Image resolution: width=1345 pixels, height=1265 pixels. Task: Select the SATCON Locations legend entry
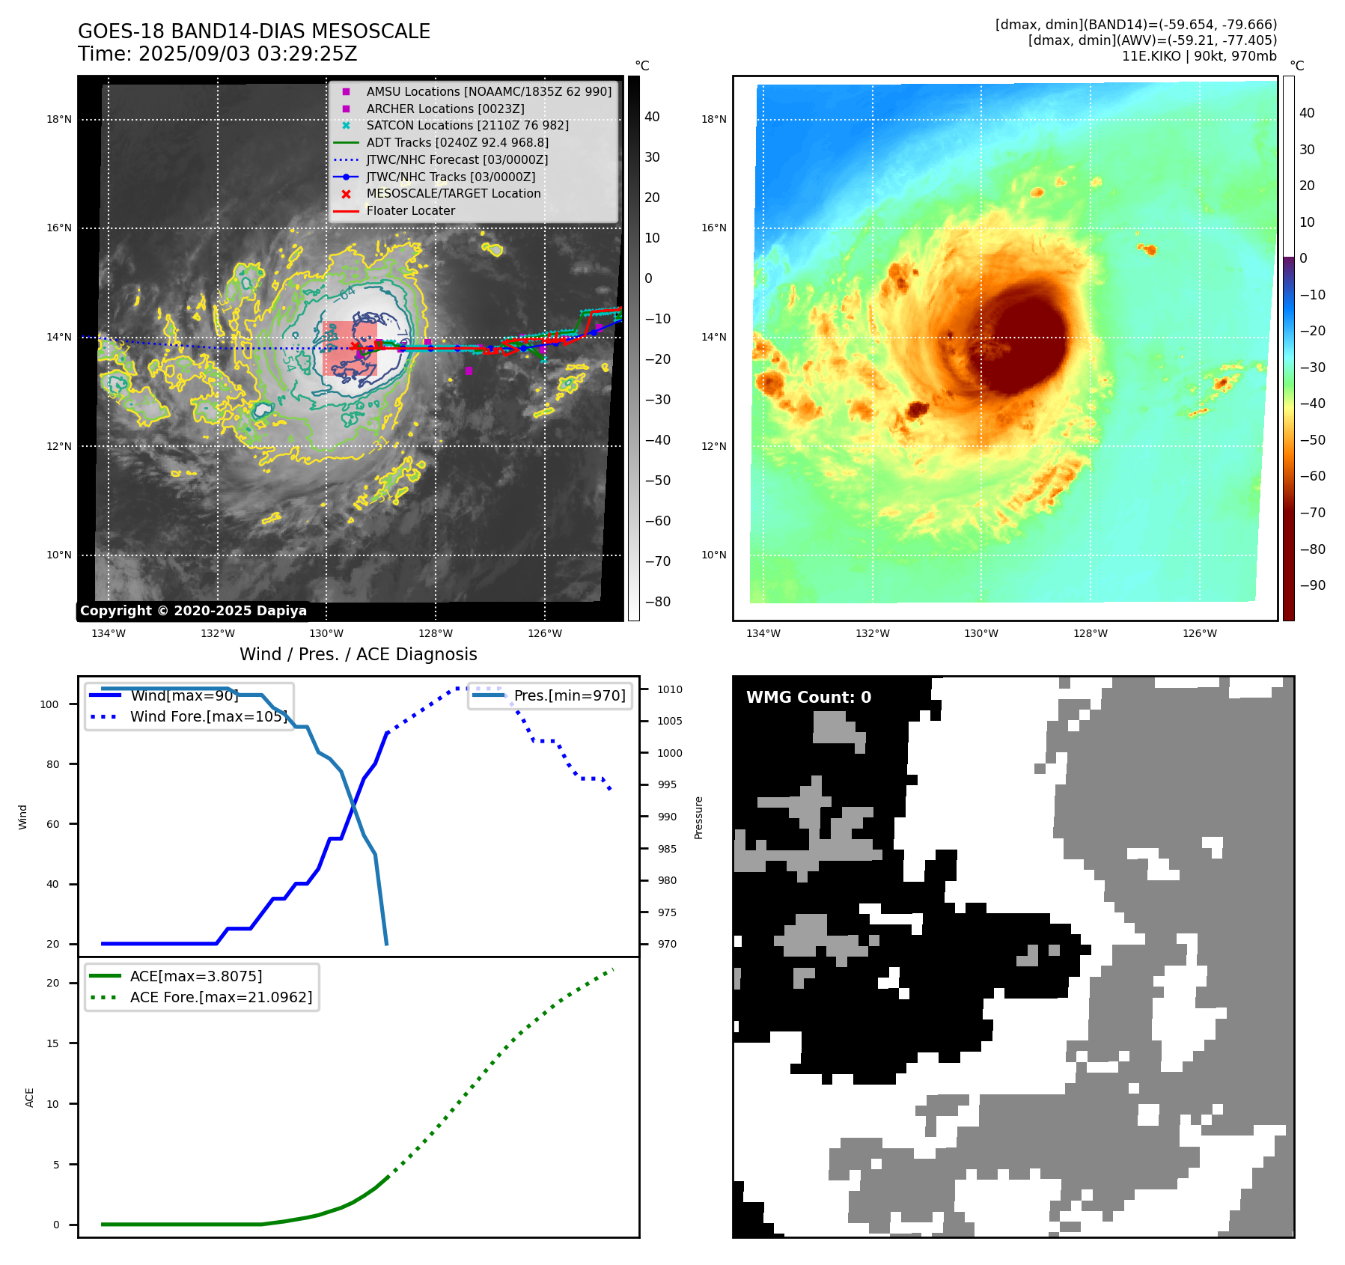467,126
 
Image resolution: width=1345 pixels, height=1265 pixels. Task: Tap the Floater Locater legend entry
410,211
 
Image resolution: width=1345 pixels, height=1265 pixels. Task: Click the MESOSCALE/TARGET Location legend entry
453,194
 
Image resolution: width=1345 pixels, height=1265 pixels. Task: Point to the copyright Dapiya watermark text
193,611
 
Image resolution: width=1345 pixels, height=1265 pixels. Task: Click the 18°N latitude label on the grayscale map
59,120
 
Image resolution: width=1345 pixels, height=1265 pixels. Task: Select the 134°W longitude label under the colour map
763,634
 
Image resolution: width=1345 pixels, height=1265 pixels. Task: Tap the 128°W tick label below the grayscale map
436,634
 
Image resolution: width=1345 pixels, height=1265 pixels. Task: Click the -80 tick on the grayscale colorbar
658,602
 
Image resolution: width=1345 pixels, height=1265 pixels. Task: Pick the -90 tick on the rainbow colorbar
1313,585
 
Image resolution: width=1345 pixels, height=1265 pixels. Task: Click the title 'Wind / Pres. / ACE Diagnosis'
358,655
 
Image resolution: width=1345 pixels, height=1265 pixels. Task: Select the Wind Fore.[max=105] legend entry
208,717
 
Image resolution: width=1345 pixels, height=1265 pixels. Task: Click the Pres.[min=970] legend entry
569,696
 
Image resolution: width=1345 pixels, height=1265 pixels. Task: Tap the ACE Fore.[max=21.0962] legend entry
221,998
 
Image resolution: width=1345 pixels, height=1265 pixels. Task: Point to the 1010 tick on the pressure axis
670,690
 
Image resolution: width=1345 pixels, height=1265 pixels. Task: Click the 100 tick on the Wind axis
49,705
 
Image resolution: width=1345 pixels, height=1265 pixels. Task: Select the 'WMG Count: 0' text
808,698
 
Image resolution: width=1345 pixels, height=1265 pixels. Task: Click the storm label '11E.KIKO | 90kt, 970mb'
1199,56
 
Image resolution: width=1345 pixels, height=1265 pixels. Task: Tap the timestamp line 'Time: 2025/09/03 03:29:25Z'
217,55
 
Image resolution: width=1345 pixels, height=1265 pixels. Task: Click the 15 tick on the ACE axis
52,1044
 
